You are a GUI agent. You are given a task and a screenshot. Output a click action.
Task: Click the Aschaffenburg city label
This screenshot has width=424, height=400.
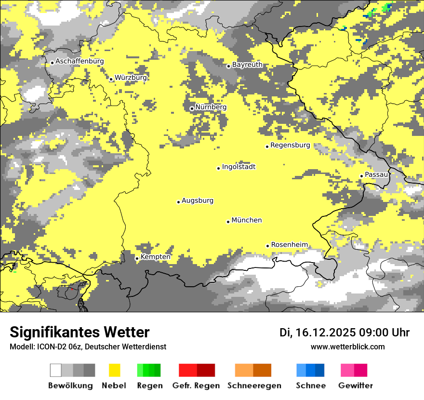[79, 61]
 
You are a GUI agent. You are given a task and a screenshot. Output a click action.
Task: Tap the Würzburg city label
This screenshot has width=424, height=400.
[131, 78]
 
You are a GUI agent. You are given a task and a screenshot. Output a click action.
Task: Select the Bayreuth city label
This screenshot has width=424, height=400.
[247, 65]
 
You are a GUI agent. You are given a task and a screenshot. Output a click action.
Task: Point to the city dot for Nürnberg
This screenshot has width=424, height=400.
[192, 108]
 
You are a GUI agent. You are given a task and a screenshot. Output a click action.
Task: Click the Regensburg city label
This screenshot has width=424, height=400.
[290, 145]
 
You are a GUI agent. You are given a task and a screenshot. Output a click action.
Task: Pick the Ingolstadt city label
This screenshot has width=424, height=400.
[238, 167]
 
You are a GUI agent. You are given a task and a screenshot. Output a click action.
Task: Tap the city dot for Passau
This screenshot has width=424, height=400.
[361, 176]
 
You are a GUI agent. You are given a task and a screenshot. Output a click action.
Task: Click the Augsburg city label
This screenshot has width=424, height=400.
[198, 200]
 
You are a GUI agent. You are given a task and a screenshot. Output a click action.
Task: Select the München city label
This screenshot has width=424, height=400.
[247, 220]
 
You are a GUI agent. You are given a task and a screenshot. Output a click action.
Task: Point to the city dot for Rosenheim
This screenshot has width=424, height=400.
[267, 246]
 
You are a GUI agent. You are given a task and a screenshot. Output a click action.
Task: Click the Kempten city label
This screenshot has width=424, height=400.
[155, 257]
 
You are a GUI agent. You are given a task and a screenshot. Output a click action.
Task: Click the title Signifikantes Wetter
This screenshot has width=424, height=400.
[79, 332]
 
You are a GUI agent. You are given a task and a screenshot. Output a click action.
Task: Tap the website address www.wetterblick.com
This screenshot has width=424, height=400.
[347, 347]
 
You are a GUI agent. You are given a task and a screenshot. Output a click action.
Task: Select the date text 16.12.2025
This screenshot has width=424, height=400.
[326, 333]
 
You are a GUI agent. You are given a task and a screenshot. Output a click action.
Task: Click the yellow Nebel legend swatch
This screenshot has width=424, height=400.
[115, 370]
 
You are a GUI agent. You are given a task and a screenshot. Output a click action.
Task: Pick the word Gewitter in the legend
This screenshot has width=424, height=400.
[355, 386]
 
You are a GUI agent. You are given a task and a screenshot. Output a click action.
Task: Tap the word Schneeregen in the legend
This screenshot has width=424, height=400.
[254, 386]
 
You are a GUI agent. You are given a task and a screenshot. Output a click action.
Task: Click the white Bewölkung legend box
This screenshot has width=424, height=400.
[56, 370]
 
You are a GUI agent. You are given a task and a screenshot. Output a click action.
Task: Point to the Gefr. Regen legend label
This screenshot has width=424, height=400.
[196, 386]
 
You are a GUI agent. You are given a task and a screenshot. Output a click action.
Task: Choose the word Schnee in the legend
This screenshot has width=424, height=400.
[311, 386]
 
